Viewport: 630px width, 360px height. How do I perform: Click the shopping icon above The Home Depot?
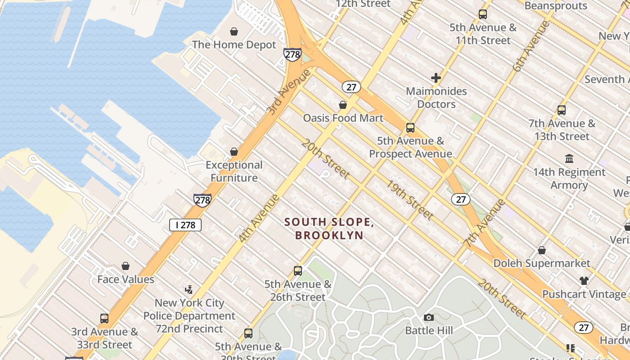coord(234,31)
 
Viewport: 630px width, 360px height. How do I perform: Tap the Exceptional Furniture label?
coord(234,171)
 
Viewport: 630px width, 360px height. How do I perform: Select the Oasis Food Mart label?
coord(343,118)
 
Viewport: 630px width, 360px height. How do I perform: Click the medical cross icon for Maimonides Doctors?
coord(436,78)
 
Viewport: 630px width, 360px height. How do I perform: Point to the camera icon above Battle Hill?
coord(429,318)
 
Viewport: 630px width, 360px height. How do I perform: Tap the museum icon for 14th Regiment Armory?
coord(569,159)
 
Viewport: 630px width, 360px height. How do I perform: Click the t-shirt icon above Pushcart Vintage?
coord(584,281)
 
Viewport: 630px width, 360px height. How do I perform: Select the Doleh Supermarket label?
coord(542,263)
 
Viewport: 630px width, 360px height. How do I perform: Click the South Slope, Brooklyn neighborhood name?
coord(329,229)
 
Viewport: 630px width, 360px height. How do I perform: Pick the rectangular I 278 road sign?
coord(185,225)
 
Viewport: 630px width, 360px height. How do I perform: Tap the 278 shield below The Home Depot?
coord(292,55)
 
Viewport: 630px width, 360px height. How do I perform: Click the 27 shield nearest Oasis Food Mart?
coord(351,87)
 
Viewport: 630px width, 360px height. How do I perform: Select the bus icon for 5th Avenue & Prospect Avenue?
coord(410,128)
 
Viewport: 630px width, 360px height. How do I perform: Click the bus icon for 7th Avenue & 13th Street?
coord(562,110)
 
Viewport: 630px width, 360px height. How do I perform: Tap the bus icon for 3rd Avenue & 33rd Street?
coord(104,319)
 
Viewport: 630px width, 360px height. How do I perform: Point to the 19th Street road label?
coord(409,200)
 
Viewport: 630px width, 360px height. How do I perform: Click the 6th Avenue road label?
coord(531,46)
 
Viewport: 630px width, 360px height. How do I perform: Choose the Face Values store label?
coord(126,279)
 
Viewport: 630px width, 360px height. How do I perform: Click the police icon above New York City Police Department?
coord(189,289)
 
